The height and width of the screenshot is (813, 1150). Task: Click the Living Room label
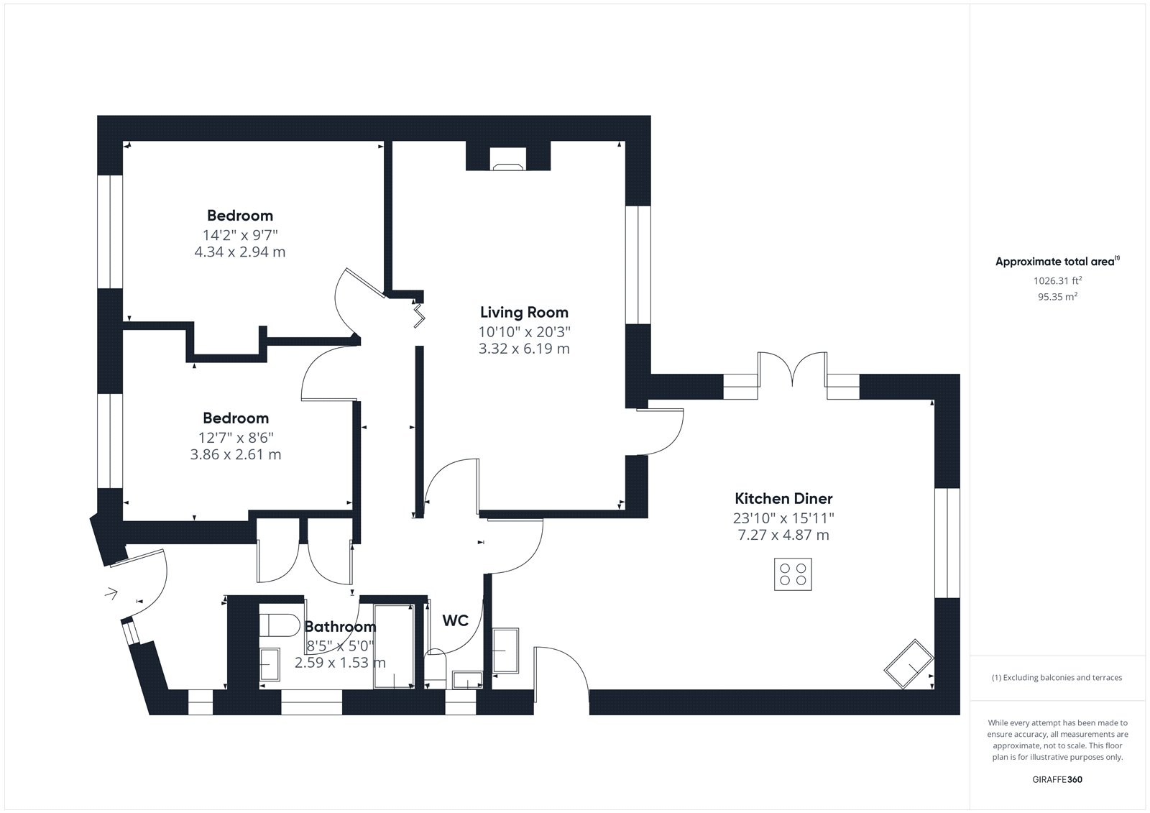pyautogui.click(x=524, y=312)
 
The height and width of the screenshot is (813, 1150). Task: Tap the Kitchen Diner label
pyautogui.click(x=783, y=498)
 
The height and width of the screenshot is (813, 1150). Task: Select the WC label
pyautogui.click(x=456, y=620)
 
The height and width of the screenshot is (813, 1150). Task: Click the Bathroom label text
pyautogui.click(x=341, y=627)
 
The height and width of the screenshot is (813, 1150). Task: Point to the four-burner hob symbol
pyautogui.click(x=793, y=574)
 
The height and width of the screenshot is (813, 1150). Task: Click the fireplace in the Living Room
pyautogui.click(x=508, y=159)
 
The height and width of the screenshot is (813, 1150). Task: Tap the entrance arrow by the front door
pyautogui.click(x=111, y=594)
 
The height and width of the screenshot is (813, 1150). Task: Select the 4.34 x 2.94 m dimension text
pyautogui.click(x=240, y=252)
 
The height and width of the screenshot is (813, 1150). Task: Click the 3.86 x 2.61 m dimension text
pyautogui.click(x=236, y=454)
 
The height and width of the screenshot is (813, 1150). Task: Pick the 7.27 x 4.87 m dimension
pyautogui.click(x=783, y=535)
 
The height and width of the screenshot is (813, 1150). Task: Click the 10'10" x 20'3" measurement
pyautogui.click(x=524, y=332)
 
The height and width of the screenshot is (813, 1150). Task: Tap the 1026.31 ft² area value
pyautogui.click(x=1057, y=280)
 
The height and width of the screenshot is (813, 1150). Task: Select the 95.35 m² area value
pyautogui.click(x=1057, y=296)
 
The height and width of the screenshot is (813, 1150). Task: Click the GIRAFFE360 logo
pyautogui.click(x=1057, y=779)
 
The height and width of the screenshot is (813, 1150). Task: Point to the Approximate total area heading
pyautogui.click(x=1057, y=261)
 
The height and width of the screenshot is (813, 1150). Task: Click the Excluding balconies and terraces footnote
pyautogui.click(x=1057, y=677)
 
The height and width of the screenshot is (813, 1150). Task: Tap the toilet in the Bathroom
pyautogui.click(x=280, y=625)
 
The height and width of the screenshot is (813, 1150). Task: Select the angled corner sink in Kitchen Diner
pyautogui.click(x=908, y=663)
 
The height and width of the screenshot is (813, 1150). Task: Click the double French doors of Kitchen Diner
pyautogui.click(x=792, y=369)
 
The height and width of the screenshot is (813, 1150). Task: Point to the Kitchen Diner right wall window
pyautogui.click(x=947, y=543)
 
